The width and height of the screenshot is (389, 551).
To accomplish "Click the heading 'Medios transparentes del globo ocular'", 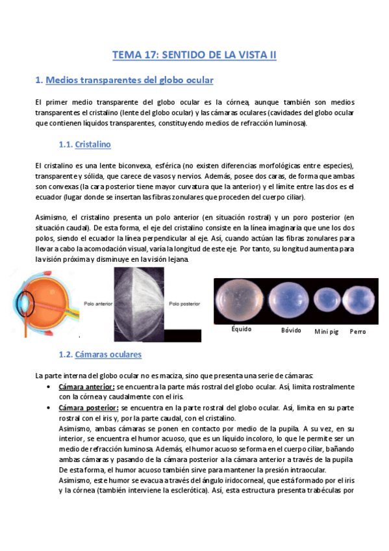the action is pos(129,80).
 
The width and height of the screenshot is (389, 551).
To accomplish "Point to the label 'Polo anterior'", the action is pos(98,302).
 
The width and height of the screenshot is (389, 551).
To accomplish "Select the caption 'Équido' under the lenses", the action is pos(241,329).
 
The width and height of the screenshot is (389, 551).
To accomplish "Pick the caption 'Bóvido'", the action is pos(291,330).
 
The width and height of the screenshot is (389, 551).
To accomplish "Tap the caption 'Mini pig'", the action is pos(327,331).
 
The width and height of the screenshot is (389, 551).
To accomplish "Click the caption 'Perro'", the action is pos(357,331).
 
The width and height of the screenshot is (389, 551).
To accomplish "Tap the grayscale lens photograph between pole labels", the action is pos(140,302).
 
